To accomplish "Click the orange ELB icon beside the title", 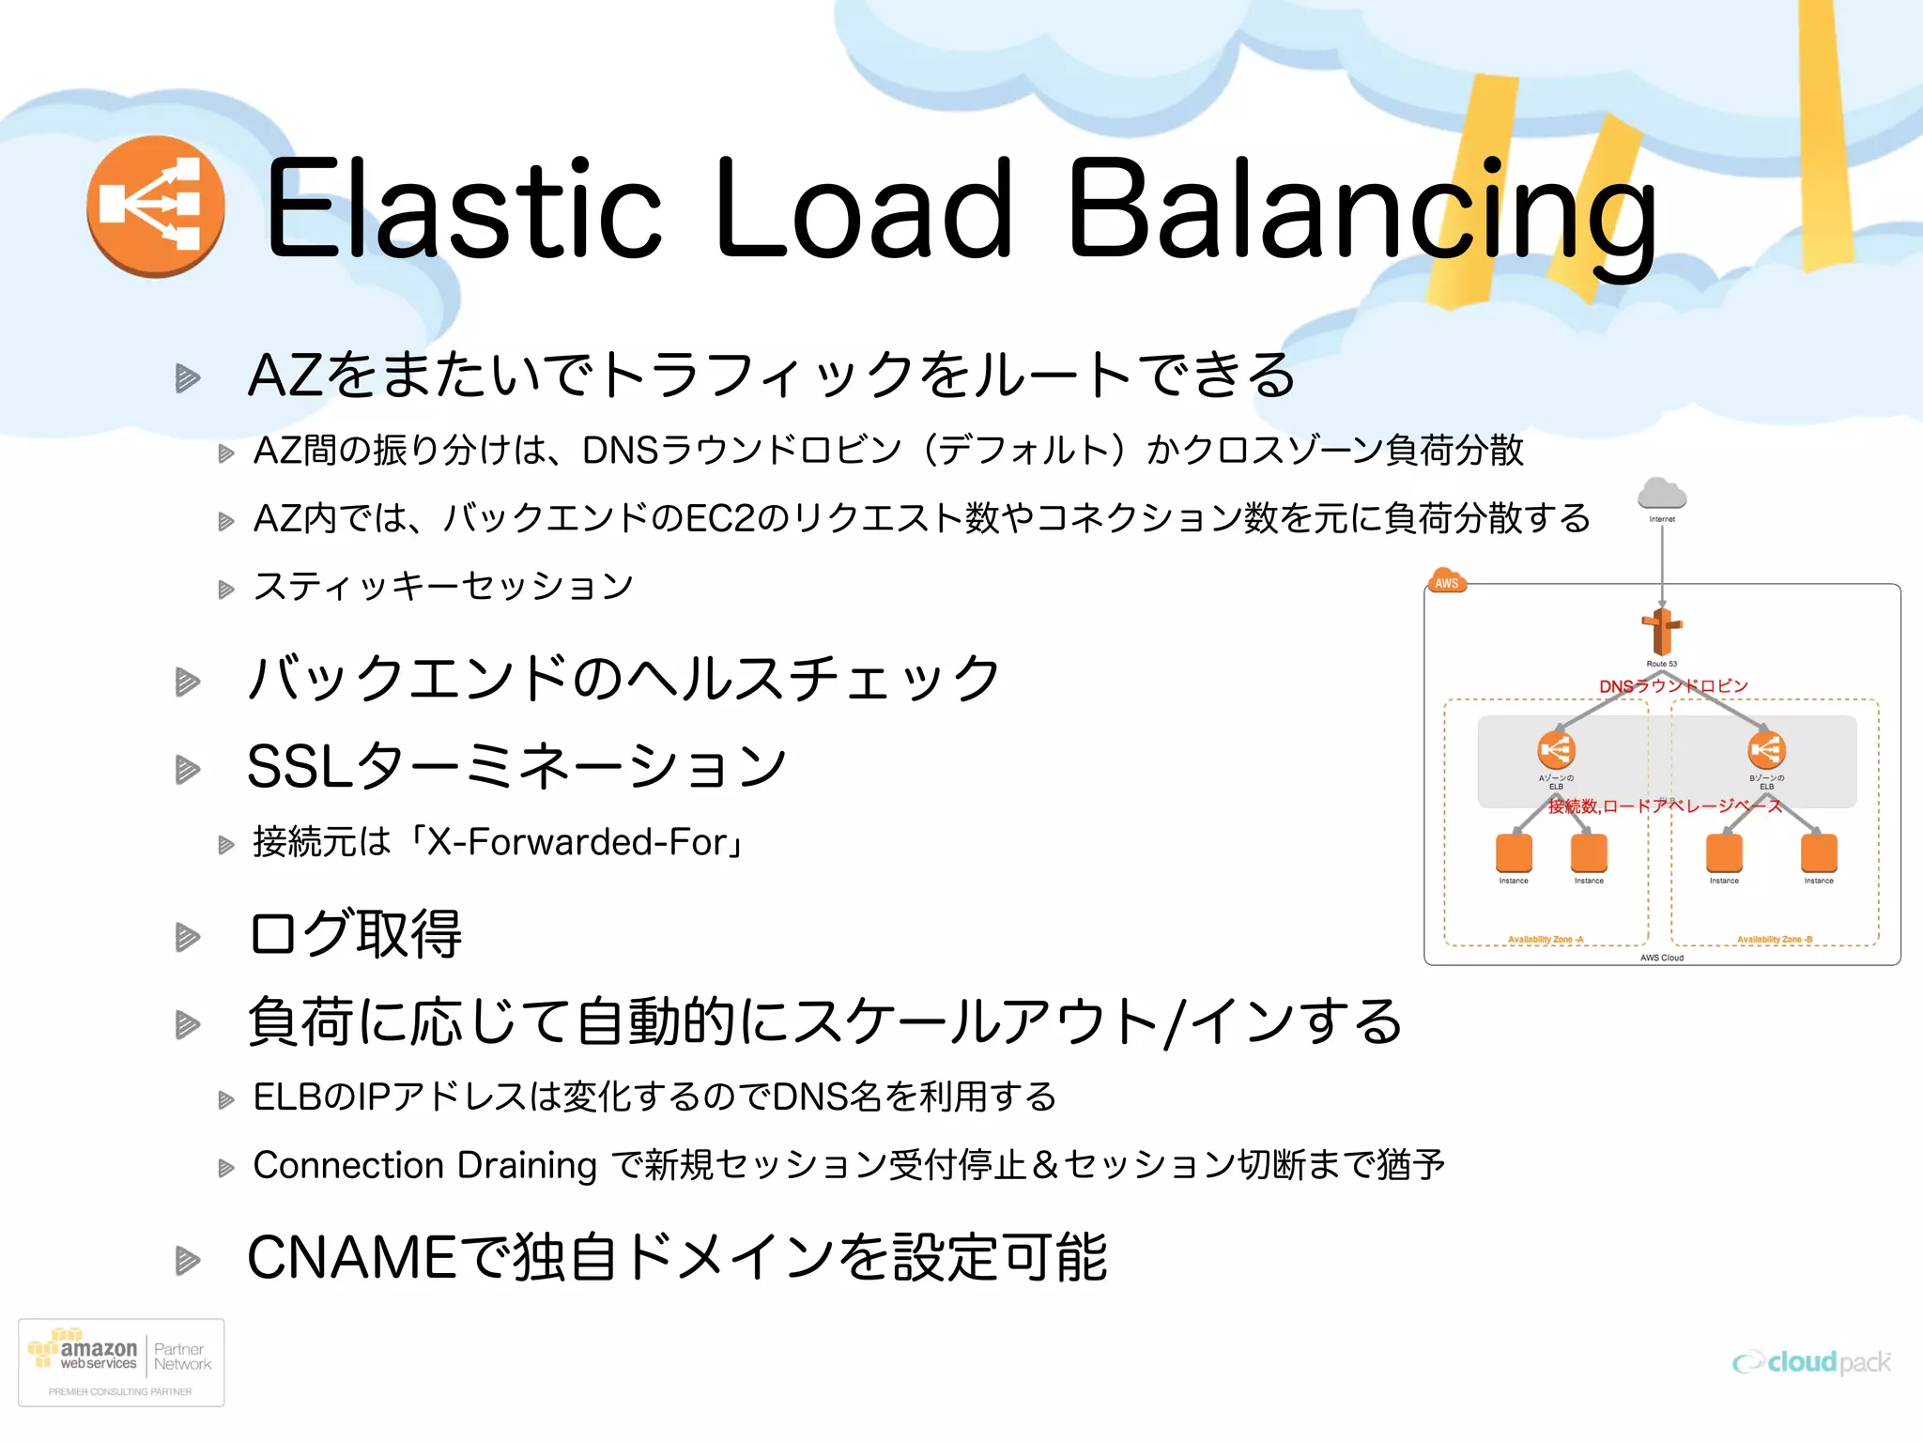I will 156,206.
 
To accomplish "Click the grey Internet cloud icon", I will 1661,493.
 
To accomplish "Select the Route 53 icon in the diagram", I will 1661,631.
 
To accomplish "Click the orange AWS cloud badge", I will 1446,581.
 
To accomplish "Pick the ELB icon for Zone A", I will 1556,749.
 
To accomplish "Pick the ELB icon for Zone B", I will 1766,749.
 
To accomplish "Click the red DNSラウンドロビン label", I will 1673,686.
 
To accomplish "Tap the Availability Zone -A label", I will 1546,939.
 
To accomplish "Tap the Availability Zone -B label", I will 1775,939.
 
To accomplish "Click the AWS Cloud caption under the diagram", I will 1661,958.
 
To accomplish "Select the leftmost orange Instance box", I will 1514,851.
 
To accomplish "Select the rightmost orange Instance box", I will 1819,851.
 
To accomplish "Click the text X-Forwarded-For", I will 578,842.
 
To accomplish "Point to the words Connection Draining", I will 424,1165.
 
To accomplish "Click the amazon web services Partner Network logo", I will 121,1362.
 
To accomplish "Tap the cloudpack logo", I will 1812,1362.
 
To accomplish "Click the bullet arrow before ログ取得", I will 188,936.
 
